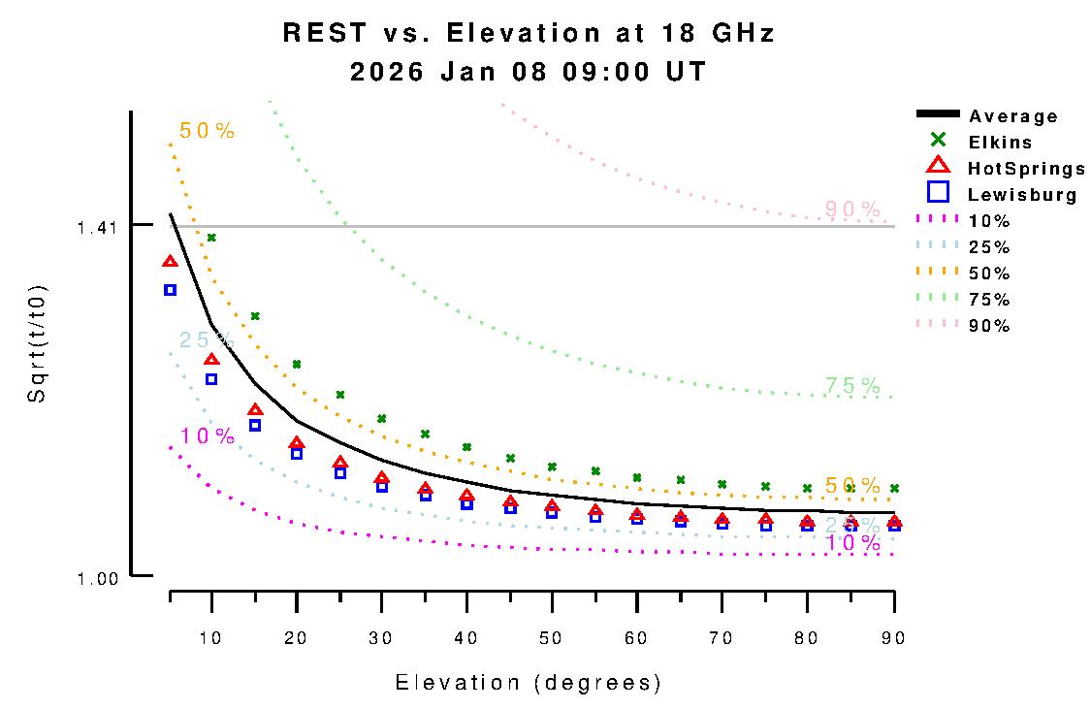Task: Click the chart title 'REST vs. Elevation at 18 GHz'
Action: coord(529,33)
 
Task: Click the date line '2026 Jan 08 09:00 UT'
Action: coord(529,72)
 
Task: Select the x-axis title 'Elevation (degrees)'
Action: coord(529,683)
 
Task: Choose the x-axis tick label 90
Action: coord(893,637)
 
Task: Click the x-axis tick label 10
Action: coord(211,637)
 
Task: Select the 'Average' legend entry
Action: coord(1012,116)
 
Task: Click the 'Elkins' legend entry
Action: coord(1000,143)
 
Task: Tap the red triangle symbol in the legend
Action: coord(938,166)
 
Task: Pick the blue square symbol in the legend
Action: coord(938,192)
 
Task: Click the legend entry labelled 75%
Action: coord(989,300)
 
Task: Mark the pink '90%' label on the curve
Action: coord(852,209)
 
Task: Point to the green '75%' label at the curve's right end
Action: coord(852,386)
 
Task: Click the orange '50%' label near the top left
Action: coord(207,131)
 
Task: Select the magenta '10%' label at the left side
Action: coord(207,436)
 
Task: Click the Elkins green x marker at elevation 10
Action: coord(211,238)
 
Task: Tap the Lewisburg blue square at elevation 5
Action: coord(170,290)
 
